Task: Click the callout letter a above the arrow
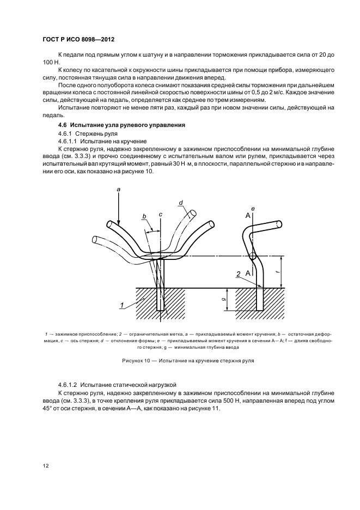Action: (x=118, y=189)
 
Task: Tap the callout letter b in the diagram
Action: (x=144, y=216)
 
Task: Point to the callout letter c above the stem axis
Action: (x=161, y=215)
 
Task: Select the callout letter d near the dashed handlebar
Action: (x=181, y=203)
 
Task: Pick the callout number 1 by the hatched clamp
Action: (x=121, y=305)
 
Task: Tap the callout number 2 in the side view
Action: (x=239, y=275)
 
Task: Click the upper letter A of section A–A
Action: (x=248, y=215)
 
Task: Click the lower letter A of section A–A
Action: (x=247, y=273)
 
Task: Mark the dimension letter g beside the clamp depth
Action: (x=224, y=299)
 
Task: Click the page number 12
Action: (x=46, y=466)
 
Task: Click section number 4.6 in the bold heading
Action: (x=63, y=125)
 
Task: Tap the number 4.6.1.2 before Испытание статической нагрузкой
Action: (x=68, y=385)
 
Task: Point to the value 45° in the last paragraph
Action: (x=47, y=408)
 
